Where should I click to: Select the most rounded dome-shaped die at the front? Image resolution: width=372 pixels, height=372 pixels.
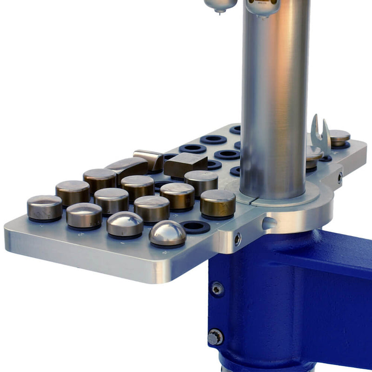coord(167,233)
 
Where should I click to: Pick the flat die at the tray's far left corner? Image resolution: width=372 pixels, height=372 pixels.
coord(44,207)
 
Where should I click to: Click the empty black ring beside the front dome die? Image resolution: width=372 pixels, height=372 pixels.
coord(195,227)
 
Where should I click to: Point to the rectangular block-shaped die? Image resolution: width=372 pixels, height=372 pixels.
coord(185,163)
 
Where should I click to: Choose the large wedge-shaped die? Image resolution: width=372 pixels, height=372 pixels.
coord(127,166)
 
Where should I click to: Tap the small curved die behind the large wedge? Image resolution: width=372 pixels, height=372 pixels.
coord(149,158)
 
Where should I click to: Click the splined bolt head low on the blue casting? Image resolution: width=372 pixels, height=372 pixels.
coord(215,337)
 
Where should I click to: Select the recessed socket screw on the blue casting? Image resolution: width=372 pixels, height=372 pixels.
coord(217,289)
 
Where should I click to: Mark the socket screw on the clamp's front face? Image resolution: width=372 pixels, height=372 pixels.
coord(238,239)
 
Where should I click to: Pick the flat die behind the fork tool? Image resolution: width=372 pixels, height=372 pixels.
coord(340,137)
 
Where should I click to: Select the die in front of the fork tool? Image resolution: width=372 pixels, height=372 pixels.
coord(314,154)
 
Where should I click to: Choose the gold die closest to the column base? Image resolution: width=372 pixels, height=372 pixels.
coord(218,203)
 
